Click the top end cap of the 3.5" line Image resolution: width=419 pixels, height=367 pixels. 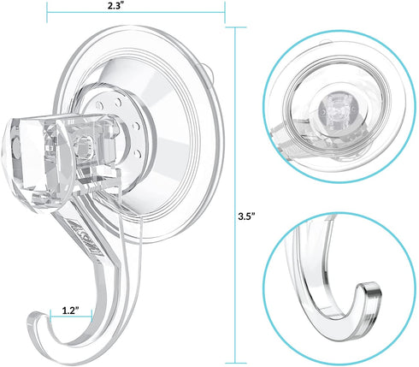(x=236, y=27)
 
